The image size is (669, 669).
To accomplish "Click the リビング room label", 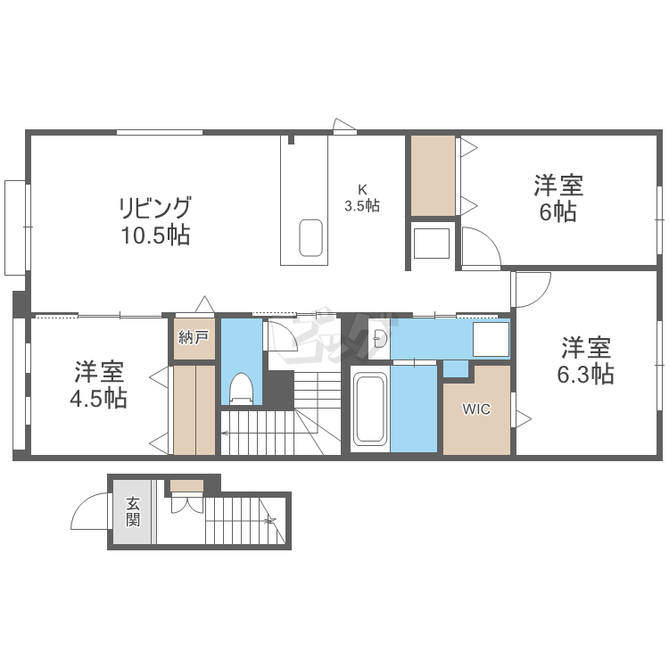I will pyautogui.click(x=155, y=209).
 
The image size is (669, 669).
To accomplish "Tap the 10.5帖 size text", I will pyautogui.click(x=155, y=236).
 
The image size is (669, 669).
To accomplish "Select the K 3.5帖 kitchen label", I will pyautogui.click(x=362, y=197).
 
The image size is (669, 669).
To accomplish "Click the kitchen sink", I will pyautogui.click(x=310, y=236).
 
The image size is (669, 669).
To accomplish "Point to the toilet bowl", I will pyautogui.click(x=241, y=389).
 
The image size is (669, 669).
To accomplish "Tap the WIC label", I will pyautogui.click(x=475, y=410).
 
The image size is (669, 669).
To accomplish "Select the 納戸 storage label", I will pyautogui.click(x=194, y=337).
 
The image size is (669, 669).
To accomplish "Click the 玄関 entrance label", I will pyautogui.click(x=132, y=512).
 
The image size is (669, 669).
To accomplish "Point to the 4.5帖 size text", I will pyautogui.click(x=98, y=397).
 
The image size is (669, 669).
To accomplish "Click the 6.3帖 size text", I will pyautogui.click(x=585, y=374).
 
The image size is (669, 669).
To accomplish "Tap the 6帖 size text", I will pyautogui.click(x=557, y=213).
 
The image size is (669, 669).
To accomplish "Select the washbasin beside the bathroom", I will pyautogui.click(x=380, y=338).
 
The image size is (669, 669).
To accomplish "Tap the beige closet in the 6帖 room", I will pyautogui.click(x=433, y=175).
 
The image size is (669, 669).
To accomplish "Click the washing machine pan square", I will pyautogui.click(x=490, y=340).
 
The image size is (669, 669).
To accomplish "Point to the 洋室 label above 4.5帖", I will pyautogui.click(x=98, y=370).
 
